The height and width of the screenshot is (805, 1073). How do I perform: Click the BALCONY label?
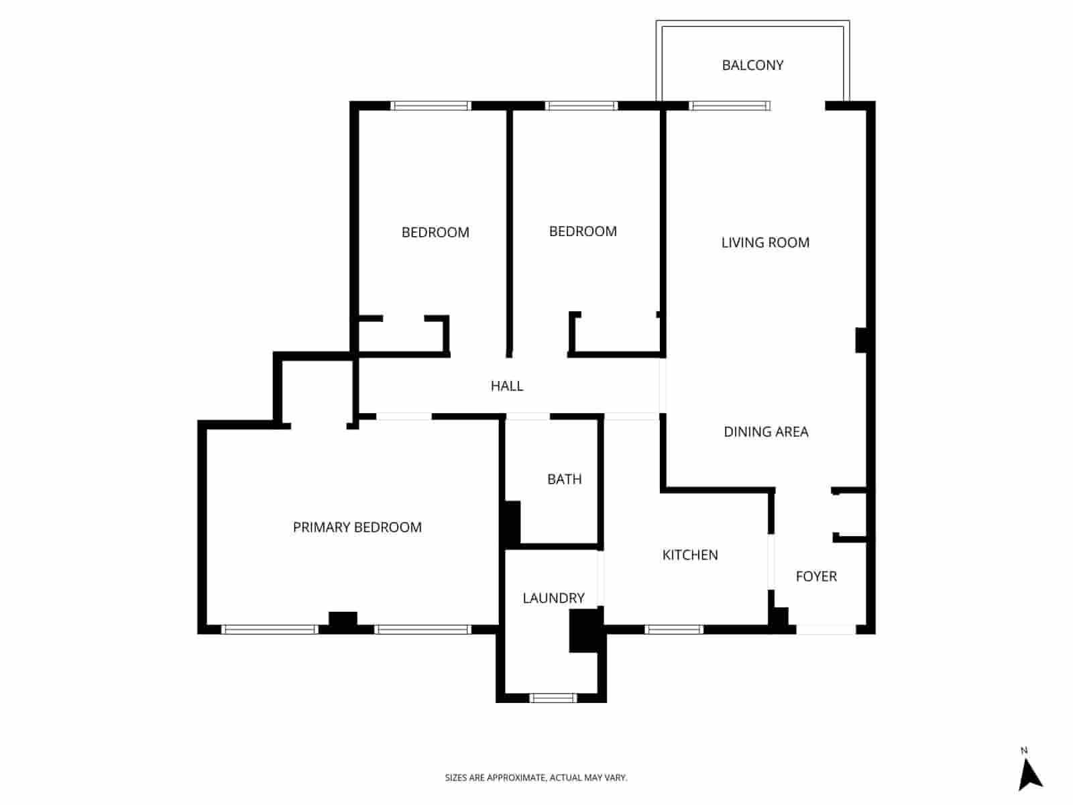[752, 65]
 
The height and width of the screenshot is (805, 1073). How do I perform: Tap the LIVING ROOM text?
[765, 242]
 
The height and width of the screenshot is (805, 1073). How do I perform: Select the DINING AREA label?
[766, 431]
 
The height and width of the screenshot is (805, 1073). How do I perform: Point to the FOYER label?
[816, 576]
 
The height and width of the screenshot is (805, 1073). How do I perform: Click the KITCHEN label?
[690, 555]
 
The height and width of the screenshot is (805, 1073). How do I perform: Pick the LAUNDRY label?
[553, 598]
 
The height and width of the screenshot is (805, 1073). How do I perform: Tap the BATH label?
[564, 479]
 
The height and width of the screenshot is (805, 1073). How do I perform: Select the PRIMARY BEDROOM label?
[357, 527]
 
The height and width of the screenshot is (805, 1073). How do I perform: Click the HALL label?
[506, 386]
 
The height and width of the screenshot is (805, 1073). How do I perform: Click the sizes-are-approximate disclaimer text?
[536, 777]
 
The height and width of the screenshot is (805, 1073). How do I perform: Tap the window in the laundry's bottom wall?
[553, 698]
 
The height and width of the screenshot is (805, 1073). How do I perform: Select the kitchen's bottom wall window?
[674, 629]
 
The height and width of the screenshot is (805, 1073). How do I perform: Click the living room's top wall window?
[730, 105]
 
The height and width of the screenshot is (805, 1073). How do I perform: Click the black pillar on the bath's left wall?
[512, 523]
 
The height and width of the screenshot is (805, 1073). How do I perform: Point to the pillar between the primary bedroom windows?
[343, 621]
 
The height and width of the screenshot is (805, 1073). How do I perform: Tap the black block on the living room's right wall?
[862, 339]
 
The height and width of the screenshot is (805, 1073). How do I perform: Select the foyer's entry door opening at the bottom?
[826, 629]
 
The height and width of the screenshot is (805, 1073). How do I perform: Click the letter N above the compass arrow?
[1024, 751]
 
